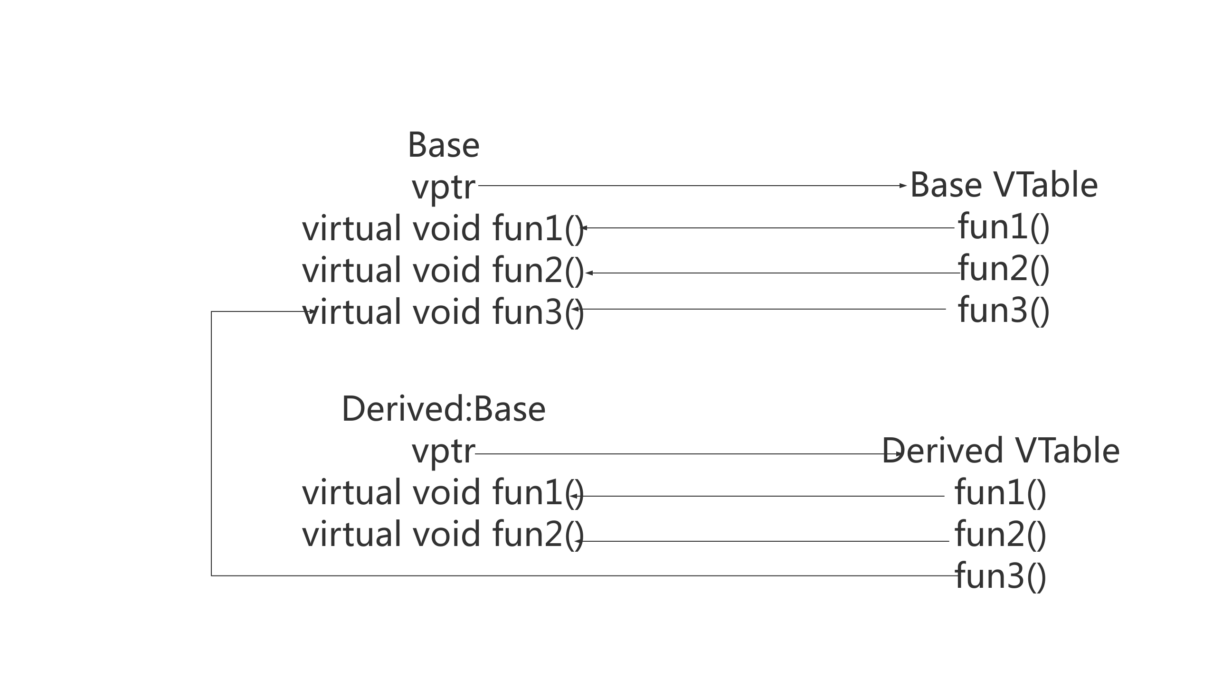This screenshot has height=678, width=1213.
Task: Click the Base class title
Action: click(x=444, y=145)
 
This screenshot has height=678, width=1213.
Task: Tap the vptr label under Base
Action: click(x=444, y=187)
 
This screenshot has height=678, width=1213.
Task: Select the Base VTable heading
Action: click(x=1004, y=185)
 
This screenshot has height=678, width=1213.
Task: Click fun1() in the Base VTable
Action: click(x=1004, y=226)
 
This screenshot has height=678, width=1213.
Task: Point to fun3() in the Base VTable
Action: click(x=1004, y=310)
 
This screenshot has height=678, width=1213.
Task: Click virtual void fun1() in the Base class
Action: click(x=443, y=228)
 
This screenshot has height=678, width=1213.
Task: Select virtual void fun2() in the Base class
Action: click(x=443, y=270)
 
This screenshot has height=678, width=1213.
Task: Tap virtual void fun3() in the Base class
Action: click(x=443, y=312)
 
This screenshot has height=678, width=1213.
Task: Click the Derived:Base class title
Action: click(x=444, y=409)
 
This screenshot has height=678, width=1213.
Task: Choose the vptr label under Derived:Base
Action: click(x=444, y=451)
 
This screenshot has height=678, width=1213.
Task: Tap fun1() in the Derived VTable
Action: click(x=1000, y=492)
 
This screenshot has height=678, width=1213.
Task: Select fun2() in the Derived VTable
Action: click(x=1000, y=534)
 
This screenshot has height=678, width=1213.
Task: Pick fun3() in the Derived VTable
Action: click(x=1000, y=576)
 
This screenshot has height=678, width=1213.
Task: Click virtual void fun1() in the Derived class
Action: click(x=443, y=492)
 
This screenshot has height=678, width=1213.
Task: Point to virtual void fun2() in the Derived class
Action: click(x=443, y=534)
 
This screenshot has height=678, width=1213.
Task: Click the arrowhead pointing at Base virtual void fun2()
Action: click(x=589, y=273)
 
